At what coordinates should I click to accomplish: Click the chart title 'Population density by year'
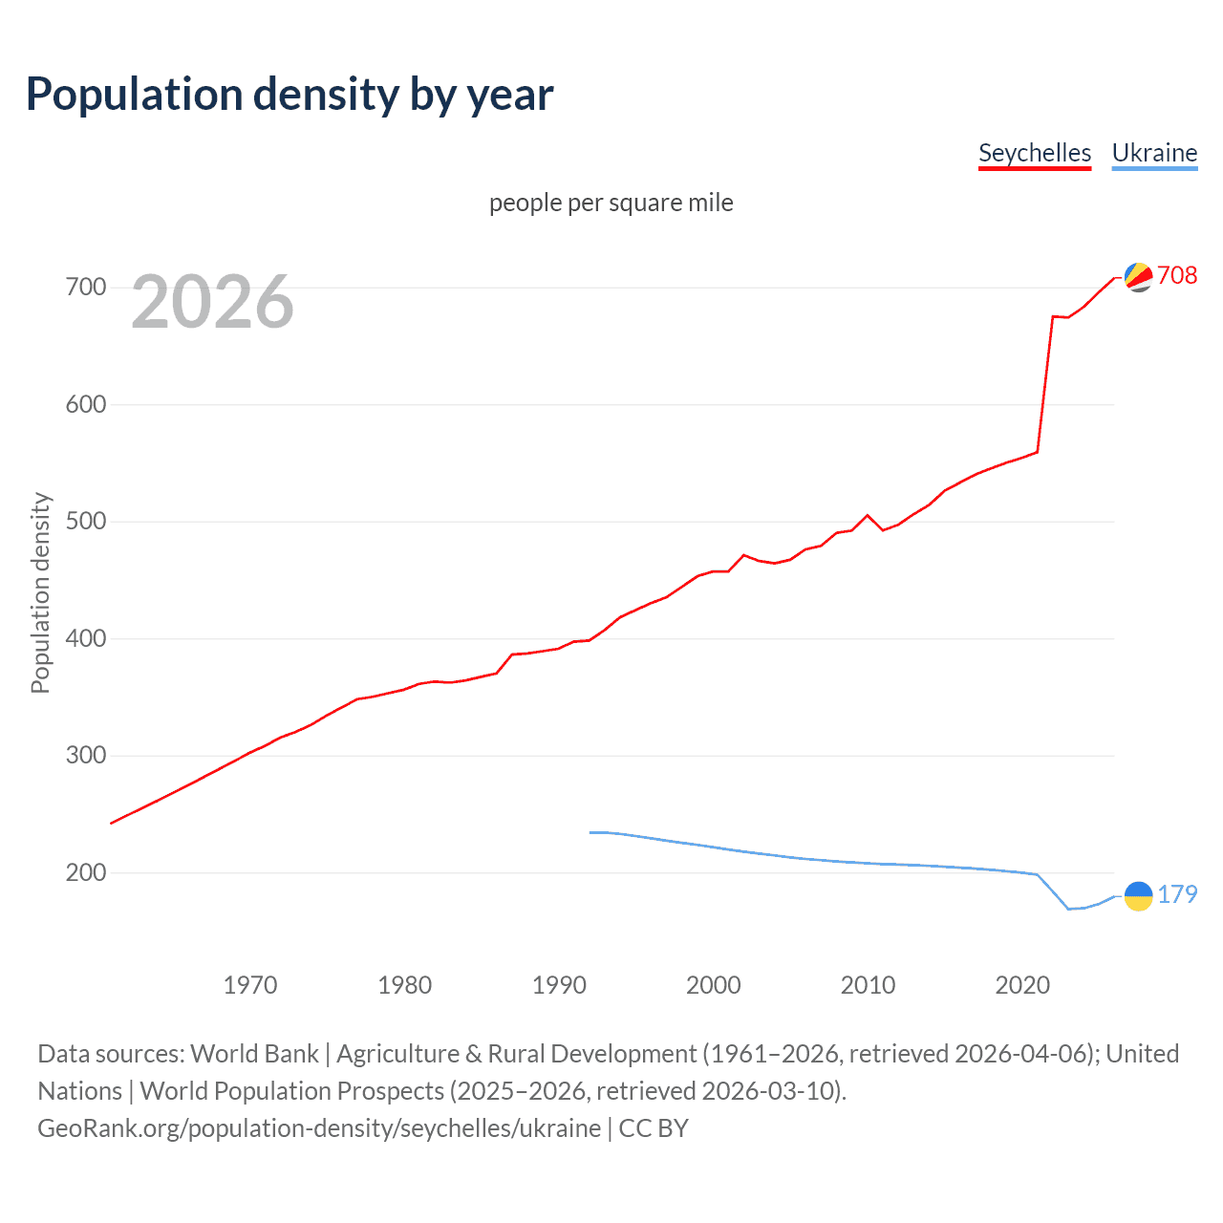290,95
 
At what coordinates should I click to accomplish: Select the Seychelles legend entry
1034,153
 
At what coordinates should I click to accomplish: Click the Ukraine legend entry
1154,153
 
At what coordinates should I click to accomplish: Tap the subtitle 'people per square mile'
611,203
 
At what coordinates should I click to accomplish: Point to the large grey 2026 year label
212,302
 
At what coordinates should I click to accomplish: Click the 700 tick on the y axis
86,287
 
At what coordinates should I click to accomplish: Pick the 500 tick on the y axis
86,522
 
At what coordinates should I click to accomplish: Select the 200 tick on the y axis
86,872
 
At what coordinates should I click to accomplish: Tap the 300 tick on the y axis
86,756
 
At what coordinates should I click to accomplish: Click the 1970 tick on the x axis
250,985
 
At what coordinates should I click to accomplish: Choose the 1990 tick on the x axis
559,985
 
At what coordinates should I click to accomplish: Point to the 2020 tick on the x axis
1022,985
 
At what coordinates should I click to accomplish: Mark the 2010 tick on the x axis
868,985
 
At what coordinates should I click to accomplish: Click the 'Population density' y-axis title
40,592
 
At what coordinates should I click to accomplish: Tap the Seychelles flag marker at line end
1138,276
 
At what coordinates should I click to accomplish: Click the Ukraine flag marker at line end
1138,895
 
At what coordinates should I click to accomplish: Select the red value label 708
1177,275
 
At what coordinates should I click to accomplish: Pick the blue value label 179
1177,894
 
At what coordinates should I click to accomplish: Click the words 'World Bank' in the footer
254,1054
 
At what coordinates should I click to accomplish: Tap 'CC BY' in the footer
654,1128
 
